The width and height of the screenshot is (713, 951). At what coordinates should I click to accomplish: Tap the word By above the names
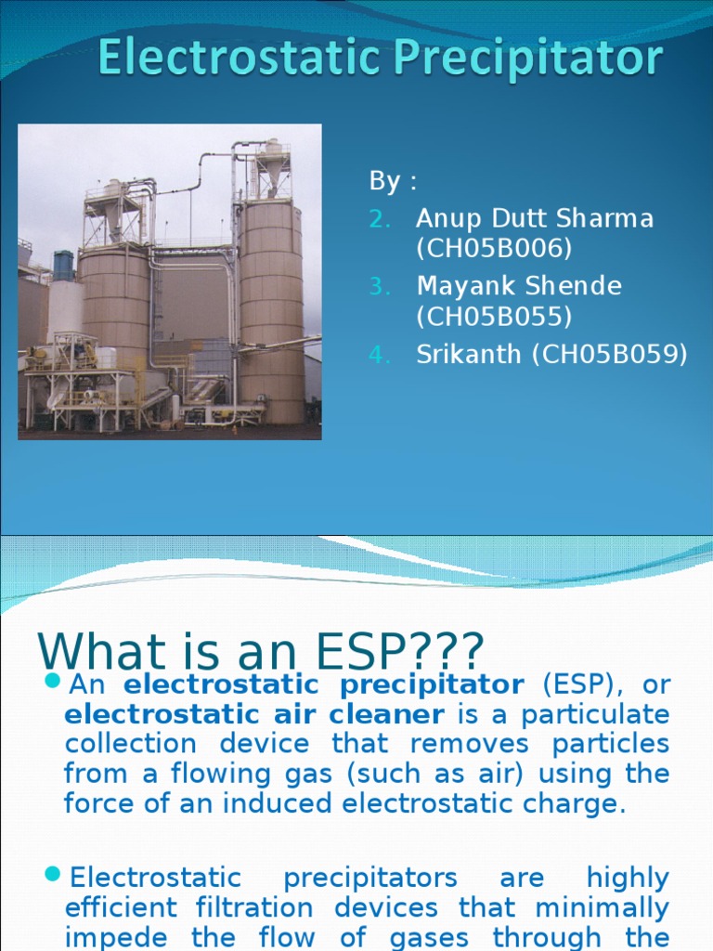point(384,182)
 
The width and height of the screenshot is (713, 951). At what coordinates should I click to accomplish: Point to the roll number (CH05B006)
point(494,249)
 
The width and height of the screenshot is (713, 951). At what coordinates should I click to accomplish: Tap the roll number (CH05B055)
point(494,317)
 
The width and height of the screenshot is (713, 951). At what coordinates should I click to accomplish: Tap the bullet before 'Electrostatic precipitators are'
point(52,877)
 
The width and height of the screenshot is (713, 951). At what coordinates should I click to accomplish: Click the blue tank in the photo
point(63,266)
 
